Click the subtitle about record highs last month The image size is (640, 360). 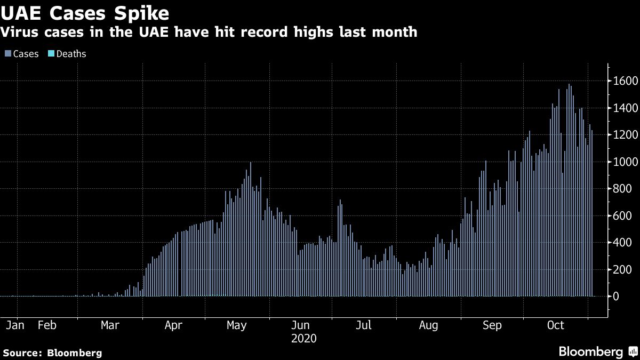[x=209, y=32]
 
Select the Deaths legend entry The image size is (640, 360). [x=68, y=54]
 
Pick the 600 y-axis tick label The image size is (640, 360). [x=623, y=216]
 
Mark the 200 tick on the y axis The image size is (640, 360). [x=623, y=270]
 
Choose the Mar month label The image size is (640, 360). [x=110, y=325]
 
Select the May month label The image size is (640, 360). [x=236, y=325]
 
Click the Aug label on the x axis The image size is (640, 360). [x=429, y=325]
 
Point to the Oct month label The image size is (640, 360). [x=556, y=325]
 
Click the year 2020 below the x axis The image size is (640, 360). [x=304, y=339]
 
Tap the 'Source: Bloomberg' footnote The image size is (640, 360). [x=52, y=353]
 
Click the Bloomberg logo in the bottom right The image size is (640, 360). [x=597, y=351]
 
